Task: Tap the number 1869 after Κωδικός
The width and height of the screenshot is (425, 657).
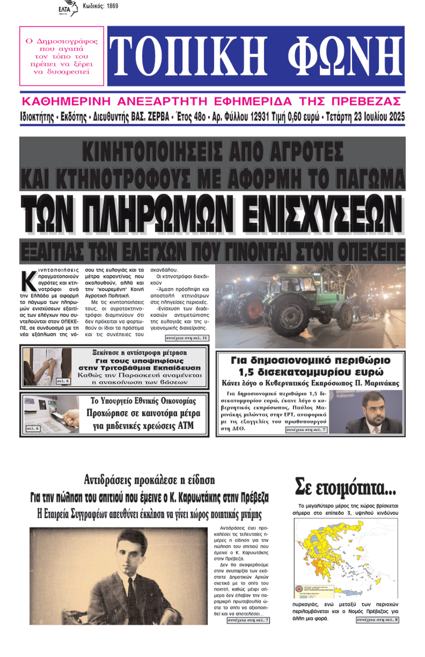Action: tap(111, 6)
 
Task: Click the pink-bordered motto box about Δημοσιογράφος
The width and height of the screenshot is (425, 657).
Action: tap(62, 56)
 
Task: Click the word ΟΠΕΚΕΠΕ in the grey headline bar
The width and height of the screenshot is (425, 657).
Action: tap(368, 251)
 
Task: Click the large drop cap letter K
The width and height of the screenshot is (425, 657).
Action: tap(28, 281)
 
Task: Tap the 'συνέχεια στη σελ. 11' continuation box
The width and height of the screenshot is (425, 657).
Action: tap(187, 338)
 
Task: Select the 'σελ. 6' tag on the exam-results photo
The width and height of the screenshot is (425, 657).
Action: tap(63, 381)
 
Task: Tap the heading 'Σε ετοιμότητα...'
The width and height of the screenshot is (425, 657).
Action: tap(346, 487)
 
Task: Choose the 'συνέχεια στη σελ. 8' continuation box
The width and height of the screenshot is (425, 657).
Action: tap(377, 620)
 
